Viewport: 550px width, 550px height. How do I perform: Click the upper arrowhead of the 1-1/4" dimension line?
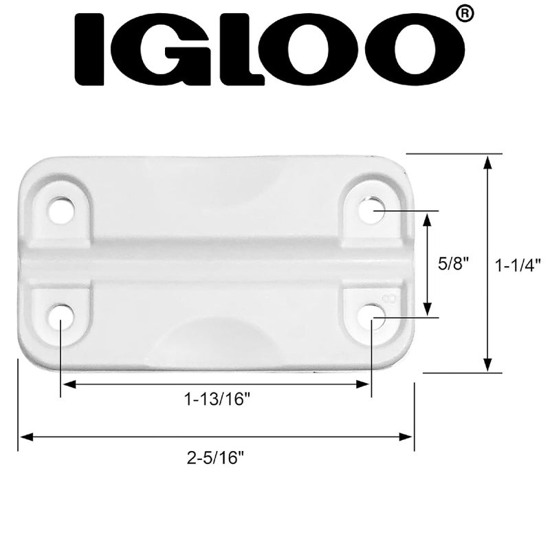coord(487,161)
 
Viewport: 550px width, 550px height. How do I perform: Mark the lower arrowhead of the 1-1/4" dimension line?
coord(487,366)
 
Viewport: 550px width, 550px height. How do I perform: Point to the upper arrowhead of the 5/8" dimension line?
coord(428,219)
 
